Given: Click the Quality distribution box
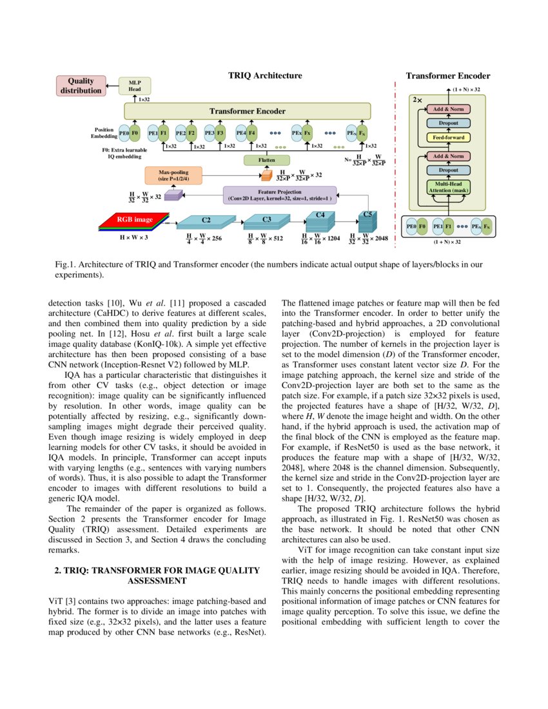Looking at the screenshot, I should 81,86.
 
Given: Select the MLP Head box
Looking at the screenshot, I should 135,86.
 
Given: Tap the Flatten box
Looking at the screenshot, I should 266,160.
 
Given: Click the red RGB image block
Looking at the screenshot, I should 134,220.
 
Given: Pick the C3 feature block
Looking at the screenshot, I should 266,221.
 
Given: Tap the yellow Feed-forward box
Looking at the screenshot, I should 449,137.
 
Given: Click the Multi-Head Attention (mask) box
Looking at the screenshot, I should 449,188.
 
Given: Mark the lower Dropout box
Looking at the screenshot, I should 449,170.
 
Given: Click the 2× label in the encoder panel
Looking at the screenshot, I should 417,101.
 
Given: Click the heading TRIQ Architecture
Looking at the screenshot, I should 265,75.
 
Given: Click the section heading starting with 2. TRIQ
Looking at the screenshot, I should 157,576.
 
